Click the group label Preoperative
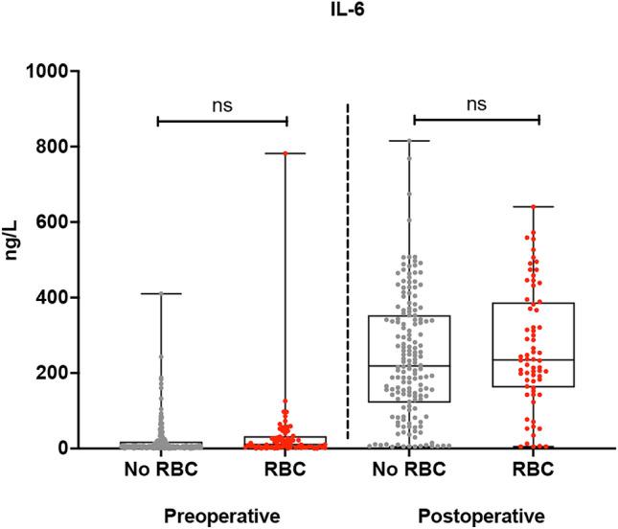(222, 517)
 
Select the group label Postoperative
(476, 517)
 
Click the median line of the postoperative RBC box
(539, 359)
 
